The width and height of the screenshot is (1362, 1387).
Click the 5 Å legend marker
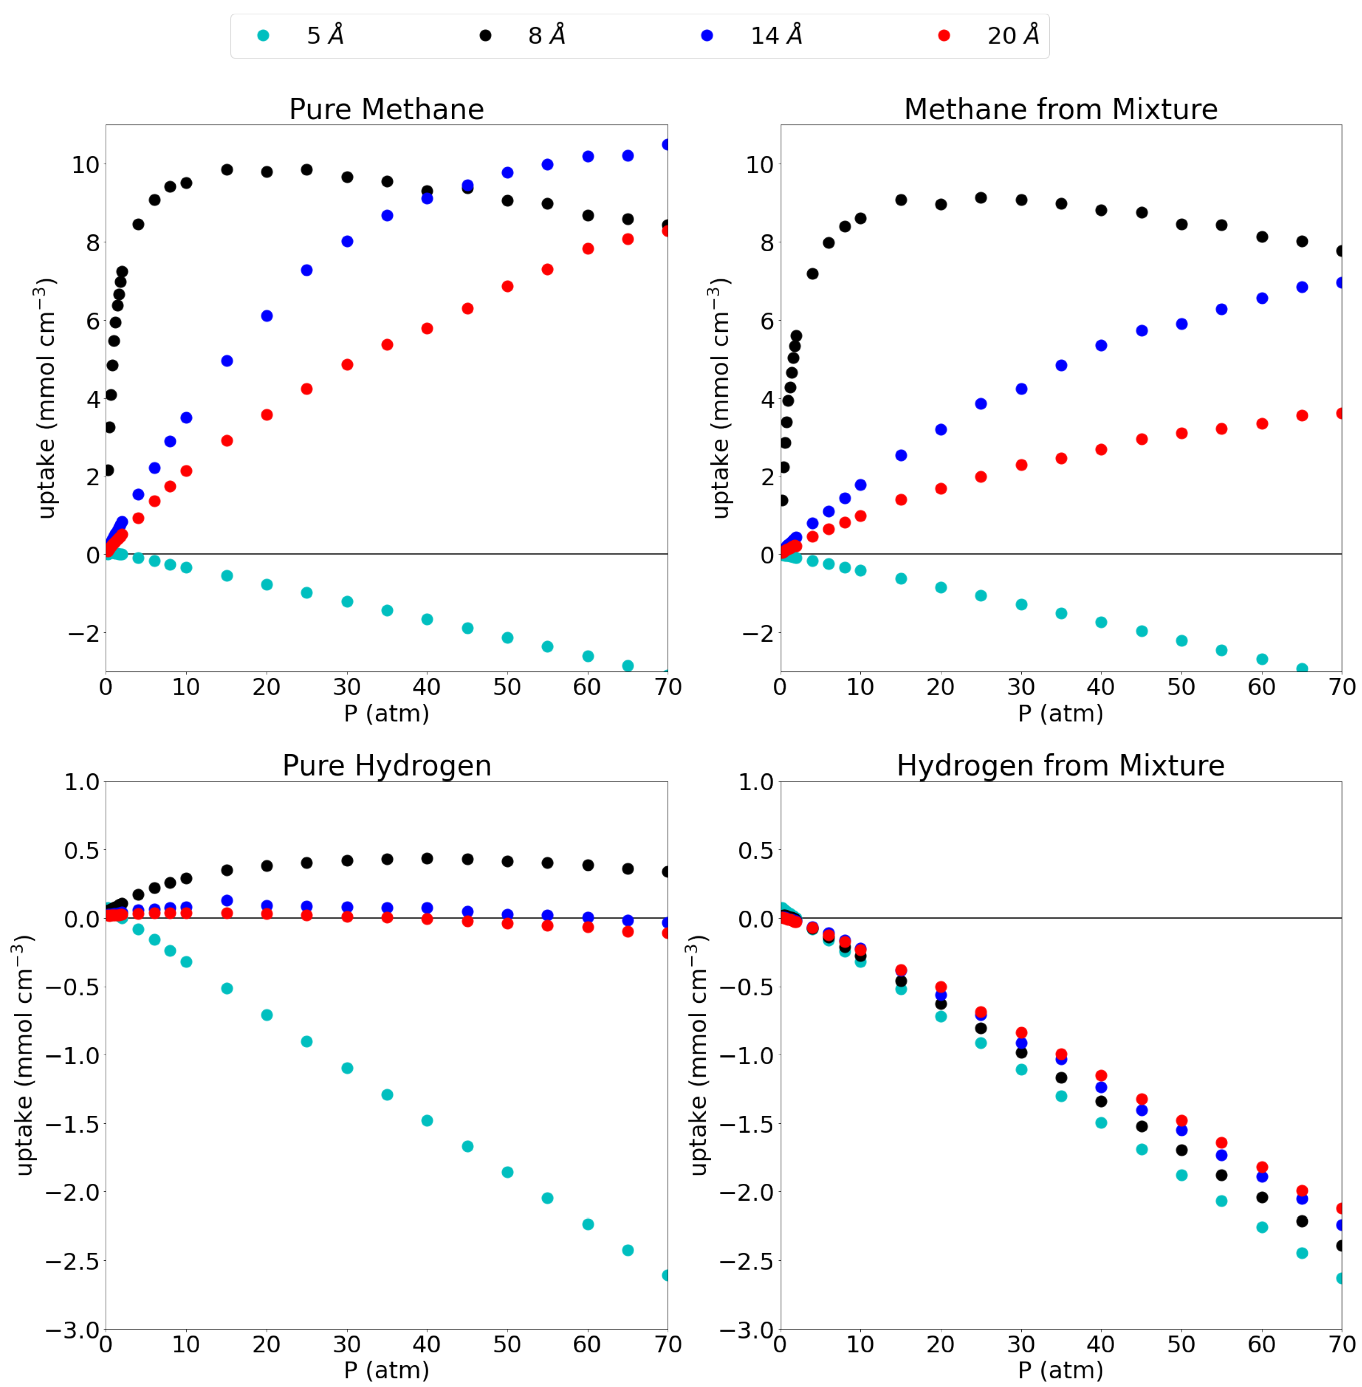(x=263, y=35)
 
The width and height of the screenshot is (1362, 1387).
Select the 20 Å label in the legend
(x=1013, y=35)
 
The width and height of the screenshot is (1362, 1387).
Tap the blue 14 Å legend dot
(x=707, y=35)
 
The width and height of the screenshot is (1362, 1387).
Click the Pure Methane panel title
(x=386, y=109)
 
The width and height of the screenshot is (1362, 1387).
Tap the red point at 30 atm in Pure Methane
(x=347, y=364)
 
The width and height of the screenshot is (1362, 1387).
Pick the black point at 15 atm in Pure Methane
(x=227, y=169)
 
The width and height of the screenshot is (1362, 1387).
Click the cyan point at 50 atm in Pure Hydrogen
(x=507, y=1172)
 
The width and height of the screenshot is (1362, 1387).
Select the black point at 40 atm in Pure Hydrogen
(x=427, y=858)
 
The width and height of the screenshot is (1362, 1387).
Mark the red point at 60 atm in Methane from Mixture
(x=1262, y=423)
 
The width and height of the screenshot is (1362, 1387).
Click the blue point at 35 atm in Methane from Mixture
(x=1061, y=365)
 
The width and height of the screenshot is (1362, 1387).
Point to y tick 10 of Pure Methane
(x=85, y=165)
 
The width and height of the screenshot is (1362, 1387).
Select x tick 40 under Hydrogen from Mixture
(x=1101, y=1345)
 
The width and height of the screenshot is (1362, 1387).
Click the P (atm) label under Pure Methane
(x=386, y=713)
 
